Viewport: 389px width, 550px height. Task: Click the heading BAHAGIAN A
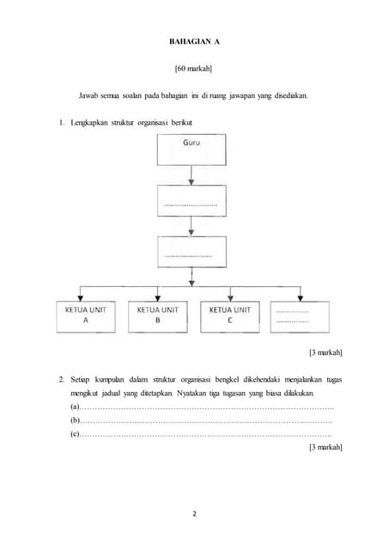tap(193, 40)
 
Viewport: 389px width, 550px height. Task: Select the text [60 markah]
tap(193, 68)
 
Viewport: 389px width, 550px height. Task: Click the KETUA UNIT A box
tap(86, 315)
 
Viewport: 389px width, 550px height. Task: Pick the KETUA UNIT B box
tap(158, 315)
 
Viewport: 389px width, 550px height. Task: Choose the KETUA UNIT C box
tap(230, 315)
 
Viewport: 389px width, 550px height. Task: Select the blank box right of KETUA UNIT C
tap(300, 315)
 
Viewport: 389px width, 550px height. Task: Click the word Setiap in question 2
tap(83, 377)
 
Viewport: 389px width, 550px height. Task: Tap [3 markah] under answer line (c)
tap(325, 449)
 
